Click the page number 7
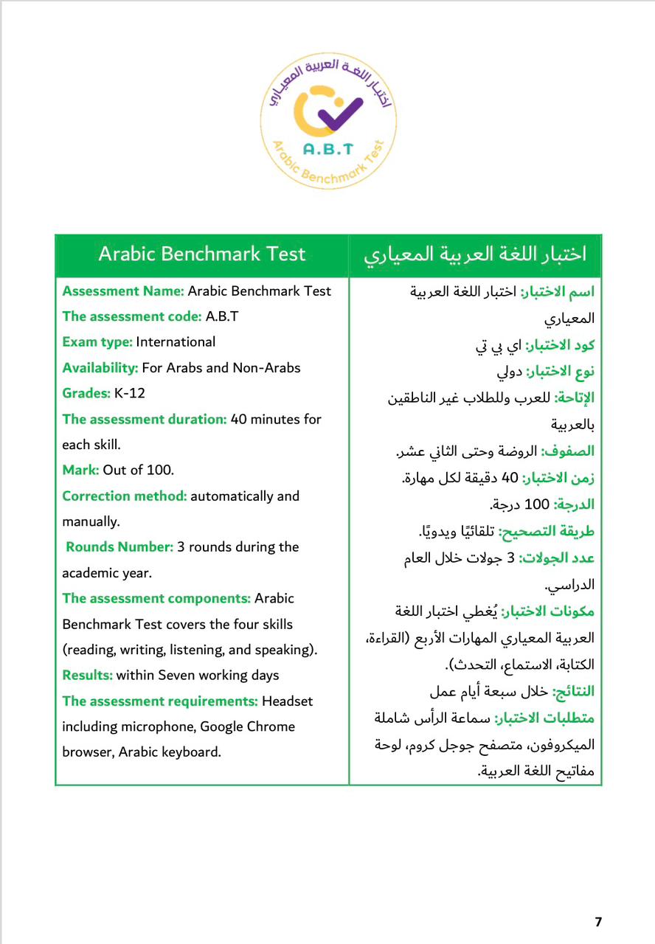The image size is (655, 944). coord(598,922)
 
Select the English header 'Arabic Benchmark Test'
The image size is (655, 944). coord(202,254)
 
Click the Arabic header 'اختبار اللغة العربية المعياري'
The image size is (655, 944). coord(476,254)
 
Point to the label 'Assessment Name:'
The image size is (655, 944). coord(123,291)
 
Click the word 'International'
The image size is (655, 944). coord(176,341)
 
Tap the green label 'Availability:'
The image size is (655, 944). coord(100,367)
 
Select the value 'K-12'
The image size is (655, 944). coord(130,393)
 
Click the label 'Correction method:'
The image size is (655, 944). coord(125,496)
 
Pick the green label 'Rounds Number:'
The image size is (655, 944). coord(120,546)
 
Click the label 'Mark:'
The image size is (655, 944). coord(80,470)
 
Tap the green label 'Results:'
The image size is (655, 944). coord(87,675)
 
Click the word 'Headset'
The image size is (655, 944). coord(288,701)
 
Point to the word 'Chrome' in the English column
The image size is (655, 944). coord(268,726)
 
